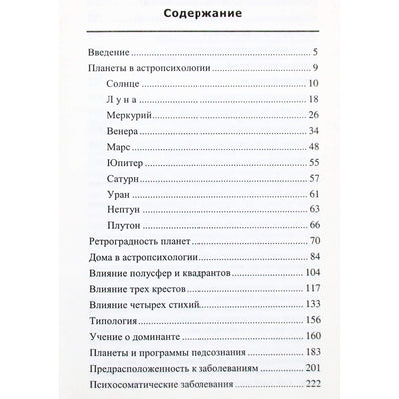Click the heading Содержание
pos(199,18)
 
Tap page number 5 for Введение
pos(315,53)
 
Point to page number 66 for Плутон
pos(311,261)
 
